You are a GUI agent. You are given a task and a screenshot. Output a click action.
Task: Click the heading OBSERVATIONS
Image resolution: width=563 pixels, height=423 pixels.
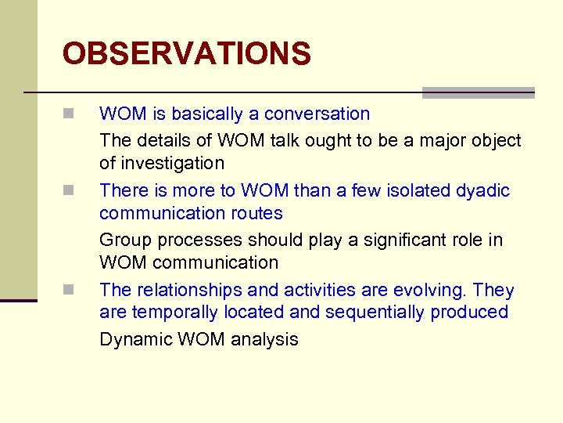[x=186, y=54]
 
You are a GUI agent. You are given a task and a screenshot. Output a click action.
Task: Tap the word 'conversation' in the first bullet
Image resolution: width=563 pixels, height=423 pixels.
[x=317, y=114]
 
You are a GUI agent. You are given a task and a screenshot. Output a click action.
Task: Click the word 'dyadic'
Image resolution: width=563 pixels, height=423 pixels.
[x=483, y=191]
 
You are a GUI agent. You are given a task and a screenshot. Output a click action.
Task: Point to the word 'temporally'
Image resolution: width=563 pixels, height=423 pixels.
[x=168, y=313]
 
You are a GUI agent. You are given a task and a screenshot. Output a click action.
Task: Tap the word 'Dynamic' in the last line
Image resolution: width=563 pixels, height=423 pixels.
[x=134, y=340]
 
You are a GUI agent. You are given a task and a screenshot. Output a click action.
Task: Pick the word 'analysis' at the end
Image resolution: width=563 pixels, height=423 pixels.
[x=266, y=340]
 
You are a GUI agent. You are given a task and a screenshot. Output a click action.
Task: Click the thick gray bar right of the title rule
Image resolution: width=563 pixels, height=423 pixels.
[x=478, y=92]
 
